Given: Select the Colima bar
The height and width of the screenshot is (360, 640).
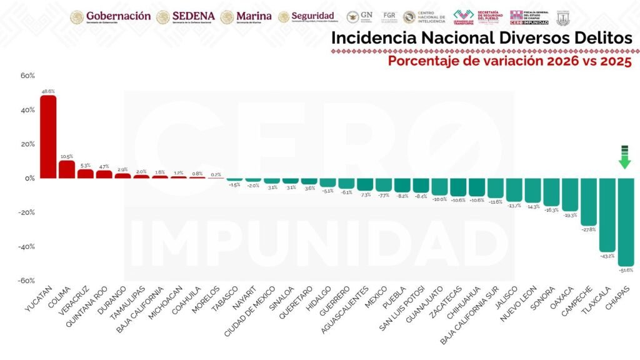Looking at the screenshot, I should pos(67,169).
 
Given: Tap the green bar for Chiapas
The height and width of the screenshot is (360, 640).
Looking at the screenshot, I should pos(626,222).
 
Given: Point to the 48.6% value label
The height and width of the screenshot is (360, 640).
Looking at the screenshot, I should pos(48,91).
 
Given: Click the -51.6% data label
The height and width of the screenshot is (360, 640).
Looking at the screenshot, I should pos(626,271).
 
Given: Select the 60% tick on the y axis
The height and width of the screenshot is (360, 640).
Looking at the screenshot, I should pos(27,76).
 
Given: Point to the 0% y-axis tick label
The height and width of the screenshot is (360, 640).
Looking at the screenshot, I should pos(29,178).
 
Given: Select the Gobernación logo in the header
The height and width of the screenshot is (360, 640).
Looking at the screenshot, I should pos(111,16).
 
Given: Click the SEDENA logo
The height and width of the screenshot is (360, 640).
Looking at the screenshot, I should pos(186,16).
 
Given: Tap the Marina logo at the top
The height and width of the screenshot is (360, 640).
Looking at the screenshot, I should pos(246,16).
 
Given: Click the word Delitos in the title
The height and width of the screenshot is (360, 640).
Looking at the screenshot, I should pos(594,38).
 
